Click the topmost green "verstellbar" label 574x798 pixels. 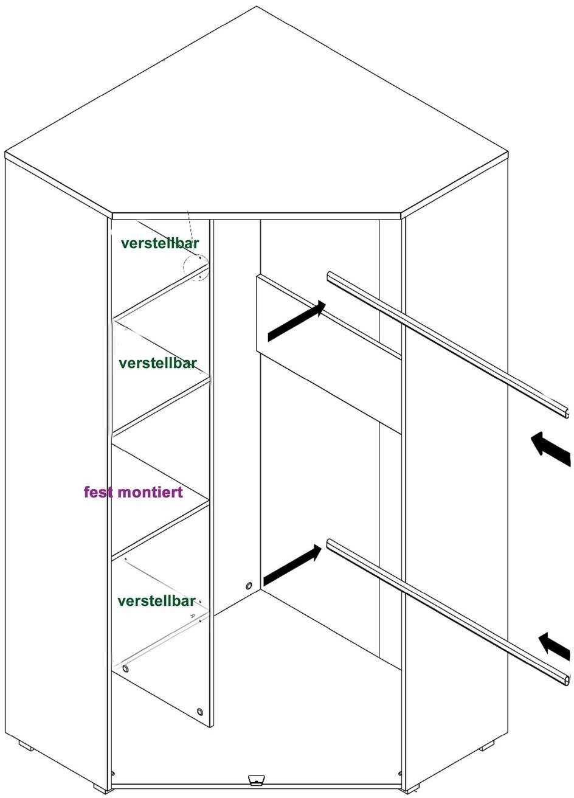[x=160, y=243]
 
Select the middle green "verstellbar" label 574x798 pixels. [x=158, y=363]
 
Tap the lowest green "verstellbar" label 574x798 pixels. [x=156, y=601]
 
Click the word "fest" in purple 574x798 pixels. [x=99, y=492]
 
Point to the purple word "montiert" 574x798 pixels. [x=150, y=492]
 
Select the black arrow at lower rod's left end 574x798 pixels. [x=292, y=564]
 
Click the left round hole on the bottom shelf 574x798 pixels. [x=125, y=669]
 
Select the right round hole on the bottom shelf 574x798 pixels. [x=200, y=710]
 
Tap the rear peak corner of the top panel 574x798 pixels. [x=257, y=7]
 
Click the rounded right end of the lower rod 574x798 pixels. [x=565, y=677]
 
